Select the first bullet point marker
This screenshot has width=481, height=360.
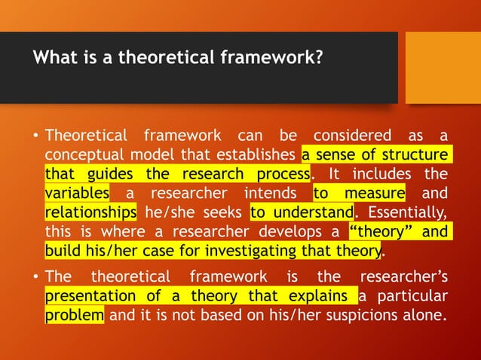35,136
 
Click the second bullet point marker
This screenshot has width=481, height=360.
35,276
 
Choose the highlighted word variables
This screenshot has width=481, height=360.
77,193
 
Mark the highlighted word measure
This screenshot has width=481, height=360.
380,193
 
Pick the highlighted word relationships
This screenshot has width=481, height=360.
90,212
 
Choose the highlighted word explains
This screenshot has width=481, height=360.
317,294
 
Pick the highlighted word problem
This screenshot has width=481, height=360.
74,313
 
